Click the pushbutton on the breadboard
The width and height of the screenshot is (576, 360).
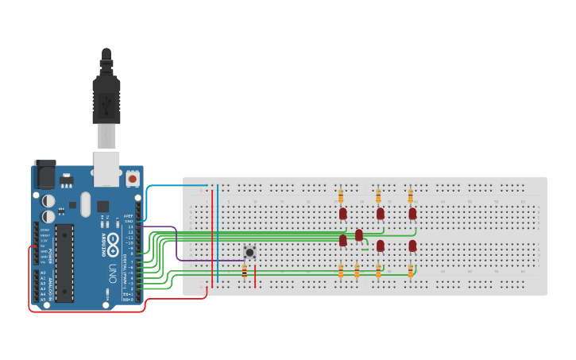pyautogui.click(x=249, y=252)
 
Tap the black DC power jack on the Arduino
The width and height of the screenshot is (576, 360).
pyautogui.click(x=44, y=175)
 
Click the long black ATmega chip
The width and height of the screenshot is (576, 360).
pyautogui.click(x=64, y=263)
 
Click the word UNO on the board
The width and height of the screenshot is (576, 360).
pyautogui.click(x=114, y=270)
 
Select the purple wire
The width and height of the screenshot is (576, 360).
pyautogui.click(x=176, y=246)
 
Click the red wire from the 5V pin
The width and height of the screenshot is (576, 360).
pyautogui.click(x=29, y=286)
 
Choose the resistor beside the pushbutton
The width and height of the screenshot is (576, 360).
pyautogui.click(x=244, y=273)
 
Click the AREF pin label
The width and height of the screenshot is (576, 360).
pyautogui.click(x=129, y=215)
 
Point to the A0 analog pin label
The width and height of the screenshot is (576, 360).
pyautogui.click(x=43, y=273)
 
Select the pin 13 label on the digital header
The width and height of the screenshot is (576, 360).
pyautogui.click(x=130, y=226)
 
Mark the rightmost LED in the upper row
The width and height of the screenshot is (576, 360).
pyautogui.click(x=412, y=213)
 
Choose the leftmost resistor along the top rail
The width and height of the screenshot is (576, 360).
pyautogui.click(x=341, y=195)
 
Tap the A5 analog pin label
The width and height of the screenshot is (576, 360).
pyautogui.click(x=43, y=299)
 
